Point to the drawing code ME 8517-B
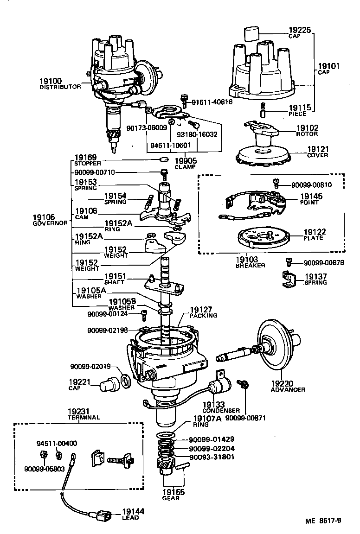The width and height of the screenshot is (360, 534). (x=323, y=520)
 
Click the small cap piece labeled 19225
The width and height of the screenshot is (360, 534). (x=251, y=34)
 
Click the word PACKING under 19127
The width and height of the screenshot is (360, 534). (x=203, y=315)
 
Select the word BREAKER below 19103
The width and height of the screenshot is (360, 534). (x=250, y=265)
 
